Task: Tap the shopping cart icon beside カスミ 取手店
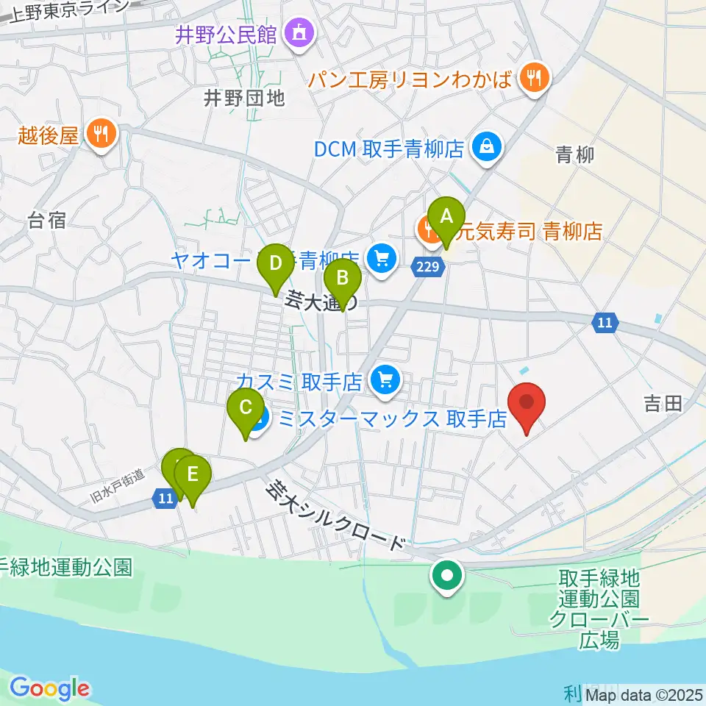click(x=385, y=381)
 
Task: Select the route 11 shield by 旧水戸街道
click(x=165, y=499)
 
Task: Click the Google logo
click(x=49, y=688)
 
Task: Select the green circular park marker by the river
click(x=447, y=577)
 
